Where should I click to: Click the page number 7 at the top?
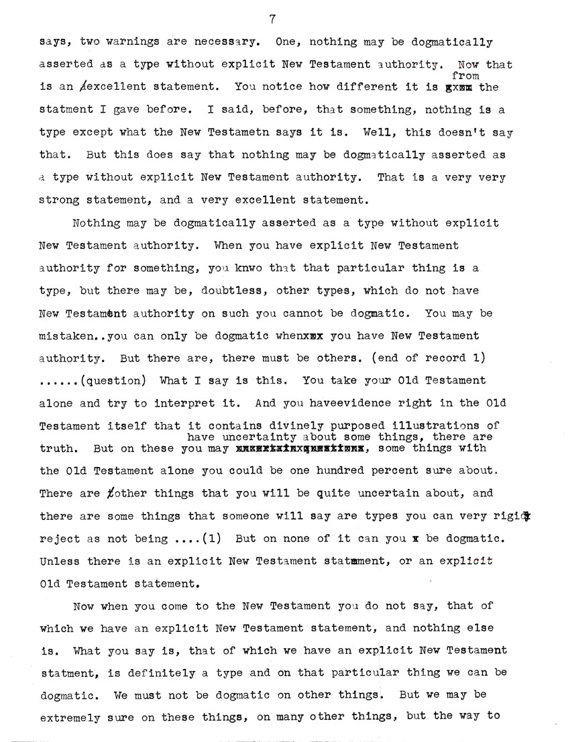[x=272, y=19]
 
